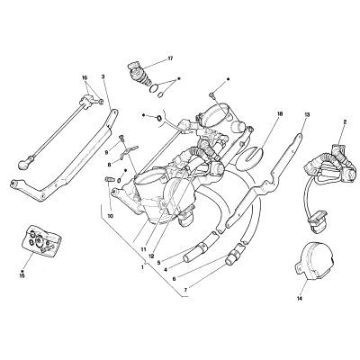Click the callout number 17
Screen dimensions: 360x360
170,58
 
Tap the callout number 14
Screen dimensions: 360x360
300,298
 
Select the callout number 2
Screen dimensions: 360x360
345,121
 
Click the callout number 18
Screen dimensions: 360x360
280,114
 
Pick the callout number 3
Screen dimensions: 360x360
103,76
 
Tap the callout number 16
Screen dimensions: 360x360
85,77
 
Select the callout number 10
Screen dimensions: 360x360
111,216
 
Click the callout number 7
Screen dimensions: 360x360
185,290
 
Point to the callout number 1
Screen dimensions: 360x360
142,266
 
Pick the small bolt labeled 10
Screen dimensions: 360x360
109,180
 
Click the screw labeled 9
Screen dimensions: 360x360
121,139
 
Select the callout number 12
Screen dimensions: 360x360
151,256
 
